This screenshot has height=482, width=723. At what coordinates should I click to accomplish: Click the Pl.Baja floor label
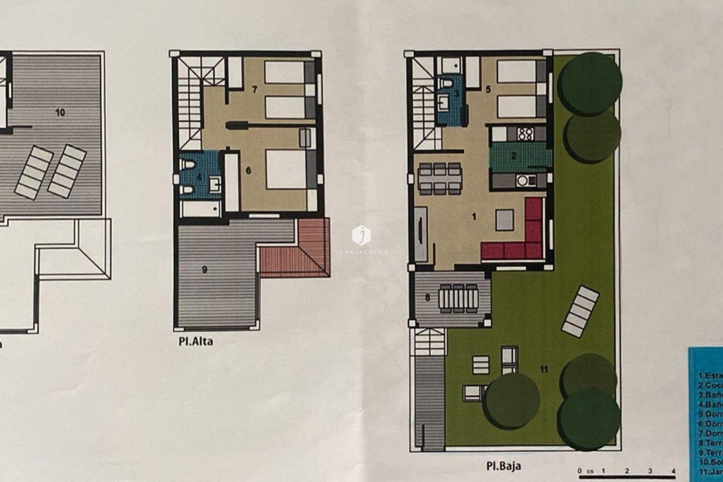point(503,466)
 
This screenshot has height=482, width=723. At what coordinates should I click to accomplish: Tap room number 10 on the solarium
point(60,112)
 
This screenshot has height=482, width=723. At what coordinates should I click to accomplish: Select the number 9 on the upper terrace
point(204,269)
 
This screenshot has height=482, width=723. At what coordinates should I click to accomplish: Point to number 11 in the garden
point(543,369)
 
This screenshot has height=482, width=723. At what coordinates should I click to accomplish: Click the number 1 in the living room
point(474,217)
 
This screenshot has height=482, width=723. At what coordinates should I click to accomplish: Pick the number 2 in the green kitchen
point(514,156)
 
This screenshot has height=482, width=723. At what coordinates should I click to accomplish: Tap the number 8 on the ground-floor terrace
point(427,297)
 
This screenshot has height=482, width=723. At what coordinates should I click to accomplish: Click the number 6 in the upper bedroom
point(248,171)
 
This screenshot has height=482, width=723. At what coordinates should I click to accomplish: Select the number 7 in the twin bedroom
point(255,90)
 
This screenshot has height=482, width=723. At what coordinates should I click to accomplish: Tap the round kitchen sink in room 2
point(522,182)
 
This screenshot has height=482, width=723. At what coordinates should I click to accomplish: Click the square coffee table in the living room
point(504,220)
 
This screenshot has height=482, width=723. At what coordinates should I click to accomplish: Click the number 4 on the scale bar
point(673,471)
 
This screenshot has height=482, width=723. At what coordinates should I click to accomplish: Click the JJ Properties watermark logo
point(361,235)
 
